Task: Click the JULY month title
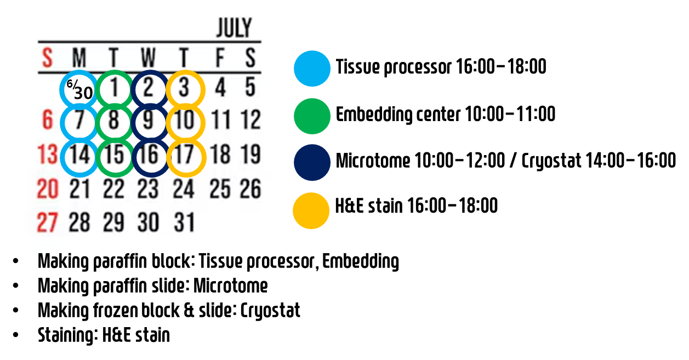pos(234,27)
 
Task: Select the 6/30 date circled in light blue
pos(79,89)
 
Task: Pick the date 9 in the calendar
pos(148,120)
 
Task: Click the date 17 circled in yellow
pos(184,155)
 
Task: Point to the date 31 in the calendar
pos(184,222)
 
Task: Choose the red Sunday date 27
pos(47,222)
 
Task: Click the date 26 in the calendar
pos(250,188)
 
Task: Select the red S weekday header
pos(47,57)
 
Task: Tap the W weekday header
pos(148,57)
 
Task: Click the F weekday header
pos(220,57)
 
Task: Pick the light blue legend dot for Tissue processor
pos(312,68)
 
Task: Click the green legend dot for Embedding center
pos(312,116)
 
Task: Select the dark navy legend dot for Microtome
pos(312,162)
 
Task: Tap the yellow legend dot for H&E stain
pos(311,210)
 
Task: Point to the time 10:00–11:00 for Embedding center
pos(510,114)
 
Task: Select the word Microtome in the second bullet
pos(230,286)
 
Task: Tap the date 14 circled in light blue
pos(79,155)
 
